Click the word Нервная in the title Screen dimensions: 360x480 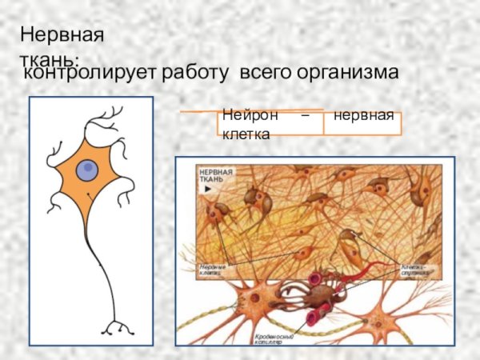62,36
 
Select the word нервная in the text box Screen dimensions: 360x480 364,117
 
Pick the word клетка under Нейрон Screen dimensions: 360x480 246,134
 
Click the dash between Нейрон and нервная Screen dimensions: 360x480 303,117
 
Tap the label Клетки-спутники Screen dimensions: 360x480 415,269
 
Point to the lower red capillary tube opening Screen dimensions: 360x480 312,318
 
